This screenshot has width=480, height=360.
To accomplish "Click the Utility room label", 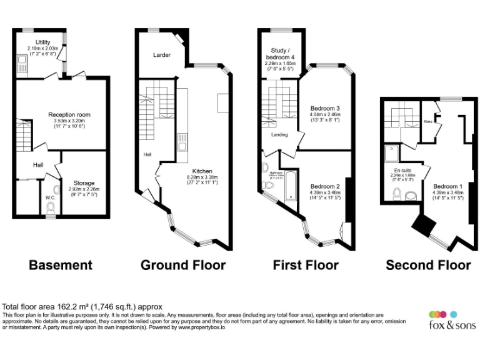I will (42, 42).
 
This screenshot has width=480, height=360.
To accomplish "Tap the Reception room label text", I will (69, 114).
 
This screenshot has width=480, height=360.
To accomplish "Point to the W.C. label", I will (50, 199).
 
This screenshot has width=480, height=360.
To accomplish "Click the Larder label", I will (162, 55).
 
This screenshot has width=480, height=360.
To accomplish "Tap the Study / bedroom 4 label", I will (278, 54).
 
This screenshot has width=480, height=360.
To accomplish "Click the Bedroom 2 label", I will (324, 186).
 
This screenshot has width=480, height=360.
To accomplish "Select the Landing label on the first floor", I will (279, 134).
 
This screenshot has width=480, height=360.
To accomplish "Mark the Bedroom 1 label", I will (447, 186).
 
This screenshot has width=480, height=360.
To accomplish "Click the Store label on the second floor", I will (427, 121).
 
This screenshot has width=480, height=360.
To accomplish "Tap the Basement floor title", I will (61, 265).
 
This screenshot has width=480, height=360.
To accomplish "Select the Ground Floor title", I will (182, 265).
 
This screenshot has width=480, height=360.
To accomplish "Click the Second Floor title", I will (428, 265).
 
